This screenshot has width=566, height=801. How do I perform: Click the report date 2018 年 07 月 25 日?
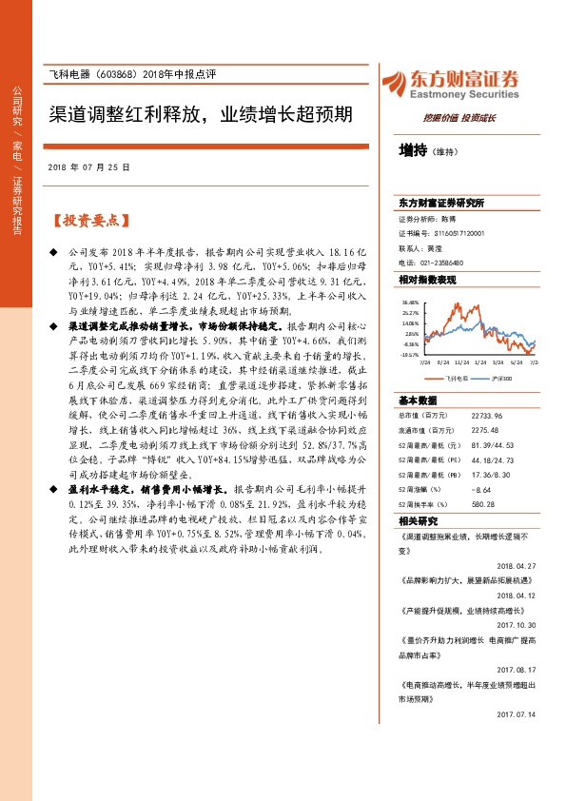click(88, 166)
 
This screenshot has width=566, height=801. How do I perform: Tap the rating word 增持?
click(413, 149)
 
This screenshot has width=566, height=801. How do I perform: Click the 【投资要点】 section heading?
click(89, 221)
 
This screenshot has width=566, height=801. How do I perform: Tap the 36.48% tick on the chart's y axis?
click(410, 302)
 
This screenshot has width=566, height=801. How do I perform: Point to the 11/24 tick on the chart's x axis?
click(463, 361)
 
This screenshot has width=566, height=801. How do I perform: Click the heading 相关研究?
click(416, 521)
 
